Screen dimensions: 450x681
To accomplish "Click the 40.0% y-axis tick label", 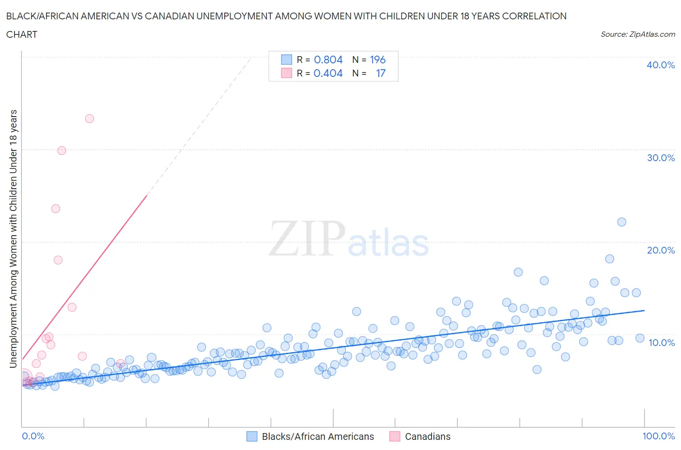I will (660, 65).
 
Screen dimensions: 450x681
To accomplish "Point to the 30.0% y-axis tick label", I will (660, 158).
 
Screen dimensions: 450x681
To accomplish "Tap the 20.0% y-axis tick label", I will (660, 250).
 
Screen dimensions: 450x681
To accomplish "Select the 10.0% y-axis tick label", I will (661, 343).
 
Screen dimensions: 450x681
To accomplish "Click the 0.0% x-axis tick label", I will (33, 436).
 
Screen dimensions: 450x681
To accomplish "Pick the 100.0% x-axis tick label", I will (658, 436).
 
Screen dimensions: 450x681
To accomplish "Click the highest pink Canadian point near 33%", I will (89, 119).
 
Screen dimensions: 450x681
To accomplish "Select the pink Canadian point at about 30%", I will (62, 150).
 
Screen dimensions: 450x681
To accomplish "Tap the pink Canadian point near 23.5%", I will (56, 209).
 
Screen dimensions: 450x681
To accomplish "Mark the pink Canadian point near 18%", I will (58, 260).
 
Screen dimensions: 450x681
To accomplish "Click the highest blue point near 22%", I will (622, 222).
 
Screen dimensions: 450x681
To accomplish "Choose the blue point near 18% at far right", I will (610, 259).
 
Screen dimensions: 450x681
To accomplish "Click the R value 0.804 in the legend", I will (328, 60).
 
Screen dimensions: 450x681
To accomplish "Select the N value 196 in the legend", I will (377, 60).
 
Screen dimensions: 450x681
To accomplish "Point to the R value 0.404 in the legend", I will (328, 73).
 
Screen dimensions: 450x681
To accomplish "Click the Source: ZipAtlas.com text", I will (637, 34).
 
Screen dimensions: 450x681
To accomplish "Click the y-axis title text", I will (13, 239).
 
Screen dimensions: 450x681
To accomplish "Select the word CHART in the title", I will (22, 34).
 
